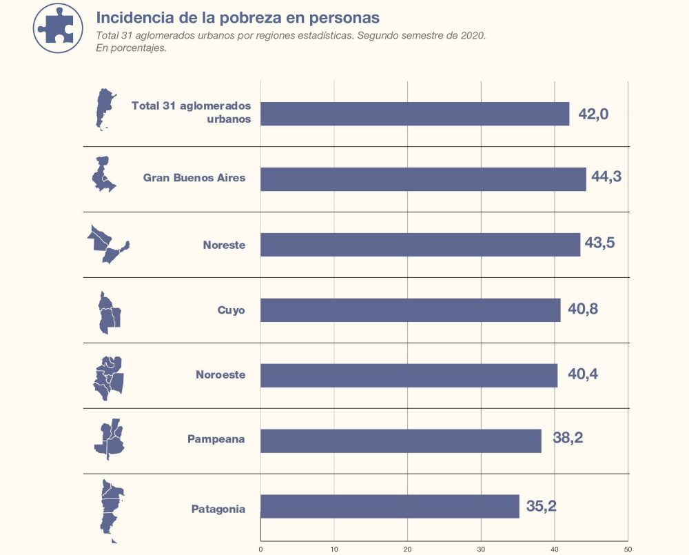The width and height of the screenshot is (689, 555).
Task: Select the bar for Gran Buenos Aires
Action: coord(423,179)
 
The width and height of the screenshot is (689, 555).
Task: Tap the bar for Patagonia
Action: coord(389,507)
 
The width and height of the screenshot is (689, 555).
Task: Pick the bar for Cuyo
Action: coord(410,310)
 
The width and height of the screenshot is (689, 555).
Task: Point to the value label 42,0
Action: coord(593,114)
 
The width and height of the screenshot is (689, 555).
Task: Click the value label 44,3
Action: coord(606,176)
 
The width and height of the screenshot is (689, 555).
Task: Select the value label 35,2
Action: coord(541,507)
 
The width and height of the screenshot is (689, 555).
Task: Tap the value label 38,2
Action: coord(568,438)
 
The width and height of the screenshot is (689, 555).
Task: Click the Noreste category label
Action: coord(224,245)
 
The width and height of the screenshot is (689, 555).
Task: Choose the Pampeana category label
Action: coord(216,438)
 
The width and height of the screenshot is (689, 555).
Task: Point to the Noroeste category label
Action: coord(220,376)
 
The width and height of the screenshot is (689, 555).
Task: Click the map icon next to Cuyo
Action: coord(109,312)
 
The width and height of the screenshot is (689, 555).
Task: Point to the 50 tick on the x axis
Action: coord(627,549)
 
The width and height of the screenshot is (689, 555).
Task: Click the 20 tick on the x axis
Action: coord(407,549)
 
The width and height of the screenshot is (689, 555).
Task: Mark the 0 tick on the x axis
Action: coord(260,549)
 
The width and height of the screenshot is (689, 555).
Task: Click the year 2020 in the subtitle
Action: coord(471,35)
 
